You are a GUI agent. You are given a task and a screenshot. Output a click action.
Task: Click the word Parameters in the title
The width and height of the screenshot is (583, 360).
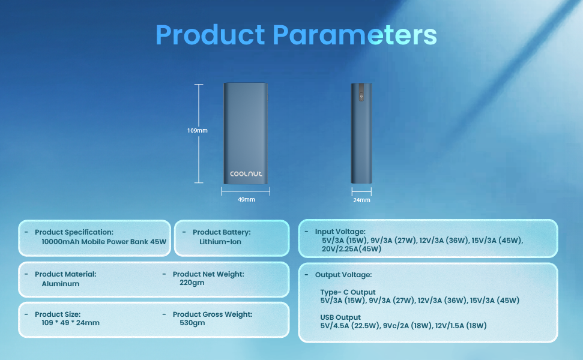pyautogui.click(x=355, y=35)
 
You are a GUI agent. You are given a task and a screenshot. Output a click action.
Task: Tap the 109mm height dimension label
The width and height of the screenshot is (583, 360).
pyautogui.click(x=198, y=130)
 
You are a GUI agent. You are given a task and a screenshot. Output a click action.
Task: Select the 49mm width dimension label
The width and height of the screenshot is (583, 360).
pyautogui.click(x=246, y=200)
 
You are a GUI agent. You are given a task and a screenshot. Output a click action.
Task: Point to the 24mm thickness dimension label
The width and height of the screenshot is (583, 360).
pyautogui.click(x=361, y=200)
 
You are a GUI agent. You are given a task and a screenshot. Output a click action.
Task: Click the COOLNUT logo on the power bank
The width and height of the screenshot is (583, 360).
pyautogui.click(x=246, y=173)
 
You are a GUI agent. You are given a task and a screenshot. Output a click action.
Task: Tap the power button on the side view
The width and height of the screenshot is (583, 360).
pyautogui.click(x=361, y=97)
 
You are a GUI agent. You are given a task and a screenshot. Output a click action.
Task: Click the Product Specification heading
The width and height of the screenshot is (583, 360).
pyautogui.click(x=74, y=232)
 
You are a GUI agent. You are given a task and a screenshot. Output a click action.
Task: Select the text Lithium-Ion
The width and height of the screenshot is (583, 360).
pyautogui.click(x=220, y=242)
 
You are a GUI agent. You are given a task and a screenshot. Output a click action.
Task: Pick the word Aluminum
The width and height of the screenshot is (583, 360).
pyautogui.click(x=60, y=284)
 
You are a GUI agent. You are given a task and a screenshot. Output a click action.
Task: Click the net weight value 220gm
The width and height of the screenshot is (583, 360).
pyautogui.click(x=192, y=283)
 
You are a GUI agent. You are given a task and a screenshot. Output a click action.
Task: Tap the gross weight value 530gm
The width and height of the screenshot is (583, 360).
pyautogui.click(x=192, y=323)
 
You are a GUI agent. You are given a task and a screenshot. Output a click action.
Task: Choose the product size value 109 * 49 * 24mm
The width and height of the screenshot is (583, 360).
pyautogui.click(x=71, y=323)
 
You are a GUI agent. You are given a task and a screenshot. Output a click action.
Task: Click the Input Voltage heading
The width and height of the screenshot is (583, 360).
pyautogui.click(x=340, y=232)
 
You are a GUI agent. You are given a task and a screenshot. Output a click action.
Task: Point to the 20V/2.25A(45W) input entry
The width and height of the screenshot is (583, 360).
pyautogui.click(x=352, y=249)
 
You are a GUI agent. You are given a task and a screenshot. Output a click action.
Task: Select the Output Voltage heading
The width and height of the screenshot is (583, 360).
pyautogui.click(x=343, y=275)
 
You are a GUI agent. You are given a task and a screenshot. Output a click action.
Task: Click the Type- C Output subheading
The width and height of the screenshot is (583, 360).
pyautogui.click(x=348, y=292)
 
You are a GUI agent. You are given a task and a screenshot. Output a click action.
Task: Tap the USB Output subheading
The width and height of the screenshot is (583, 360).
pyautogui.click(x=340, y=317)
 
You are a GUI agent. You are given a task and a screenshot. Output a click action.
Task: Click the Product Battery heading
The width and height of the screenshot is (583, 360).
pyautogui.click(x=222, y=232)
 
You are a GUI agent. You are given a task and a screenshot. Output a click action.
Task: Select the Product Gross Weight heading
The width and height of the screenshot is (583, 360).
pyautogui.click(x=213, y=314)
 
